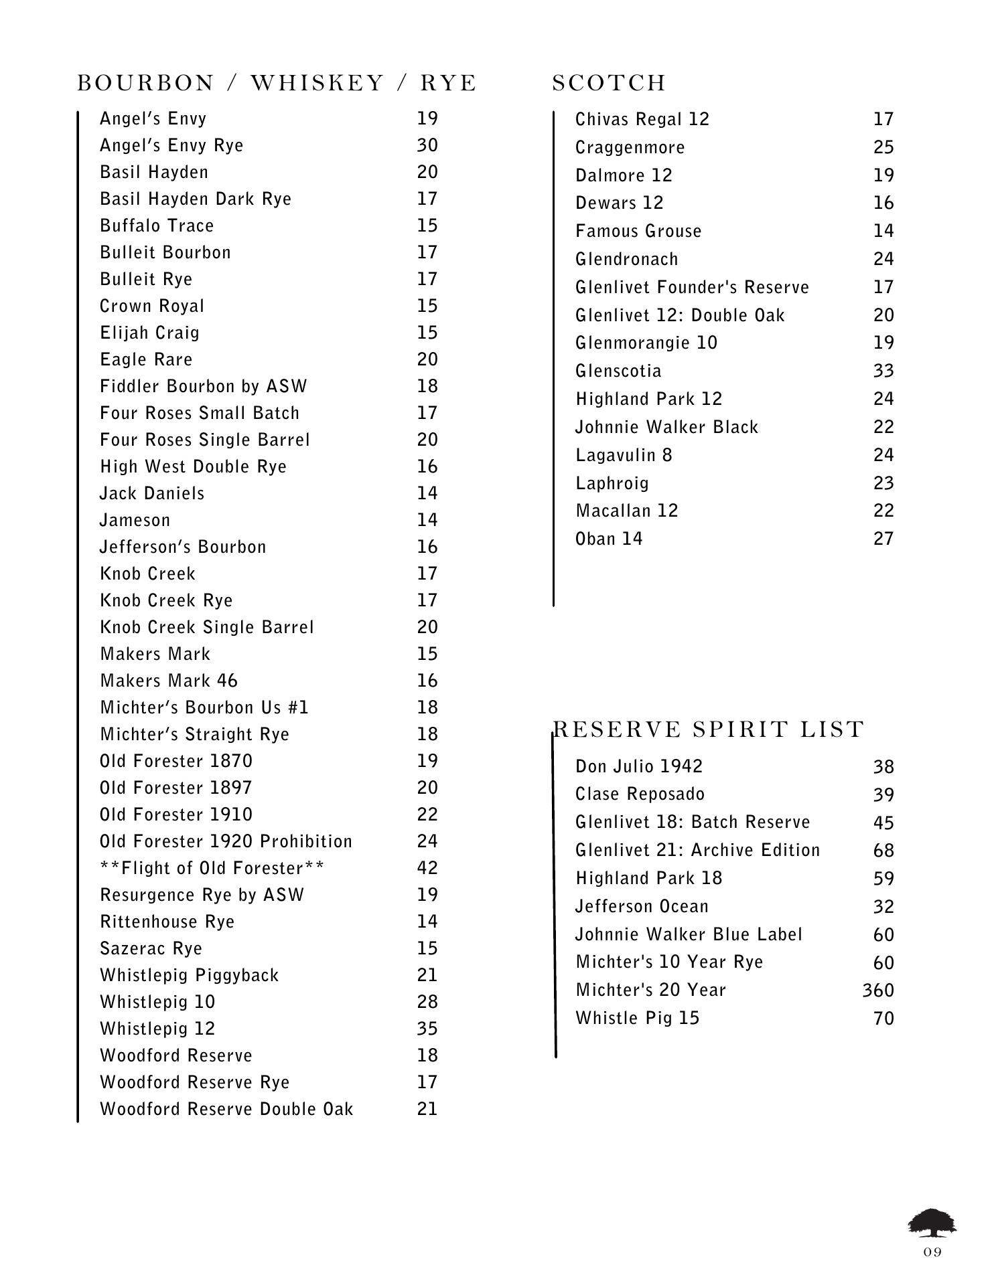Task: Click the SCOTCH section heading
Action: [609, 83]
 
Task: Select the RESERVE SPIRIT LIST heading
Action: [709, 729]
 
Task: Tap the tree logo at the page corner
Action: [932, 1223]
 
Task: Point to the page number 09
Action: [932, 1252]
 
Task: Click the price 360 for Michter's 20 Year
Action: [877, 990]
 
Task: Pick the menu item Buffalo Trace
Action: [157, 226]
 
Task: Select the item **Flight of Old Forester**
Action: [212, 868]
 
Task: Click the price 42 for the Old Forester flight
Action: [427, 868]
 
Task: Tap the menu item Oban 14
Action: [608, 539]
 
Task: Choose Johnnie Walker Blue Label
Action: [689, 934]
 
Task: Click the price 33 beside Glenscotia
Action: [883, 371]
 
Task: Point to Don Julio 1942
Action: [639, 766]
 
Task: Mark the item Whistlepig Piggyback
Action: [189, 975]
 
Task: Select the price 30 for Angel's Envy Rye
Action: [427, 145]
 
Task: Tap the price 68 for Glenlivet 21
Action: [883, 850]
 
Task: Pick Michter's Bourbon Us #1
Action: [204, 707]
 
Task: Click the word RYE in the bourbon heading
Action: [448, 83]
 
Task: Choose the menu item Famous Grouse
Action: [638, 231]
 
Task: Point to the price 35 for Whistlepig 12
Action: [427, 1029]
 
